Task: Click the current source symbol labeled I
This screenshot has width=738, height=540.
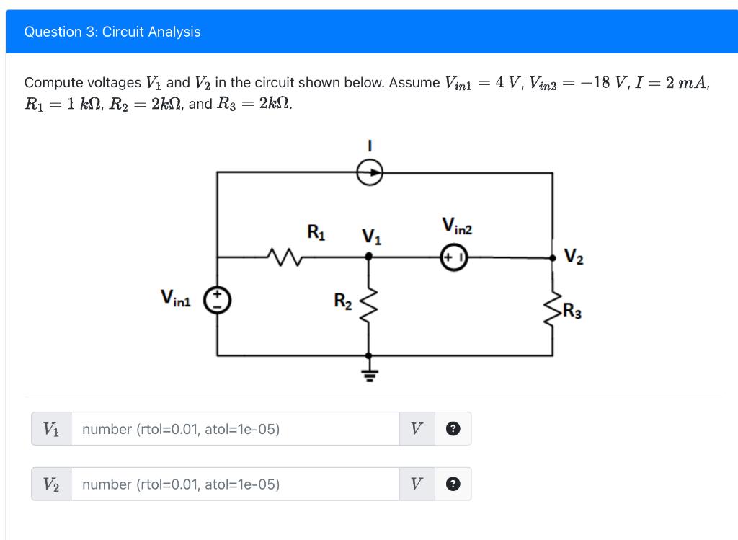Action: click(x=369, y=172)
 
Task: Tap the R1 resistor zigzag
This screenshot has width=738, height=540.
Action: click(x=280, y=255)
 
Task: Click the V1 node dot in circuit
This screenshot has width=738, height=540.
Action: click(x=369, y=255)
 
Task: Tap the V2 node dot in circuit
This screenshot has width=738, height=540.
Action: click(x=553, y=256)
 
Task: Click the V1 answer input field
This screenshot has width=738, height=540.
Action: click(x=234, y=429)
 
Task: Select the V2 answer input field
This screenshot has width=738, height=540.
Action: click(x=234, y=484)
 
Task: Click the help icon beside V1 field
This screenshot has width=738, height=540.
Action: click(x=453, y=429)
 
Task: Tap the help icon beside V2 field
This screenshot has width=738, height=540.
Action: click(x=453, y=484)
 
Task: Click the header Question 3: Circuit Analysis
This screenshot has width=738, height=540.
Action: click(x=112, y=32)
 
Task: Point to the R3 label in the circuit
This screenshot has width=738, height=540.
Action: click(x=572, y=312)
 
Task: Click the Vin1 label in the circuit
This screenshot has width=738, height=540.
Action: click(x=176, y=297)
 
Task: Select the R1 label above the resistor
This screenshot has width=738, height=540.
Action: click(x=316, y=232)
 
